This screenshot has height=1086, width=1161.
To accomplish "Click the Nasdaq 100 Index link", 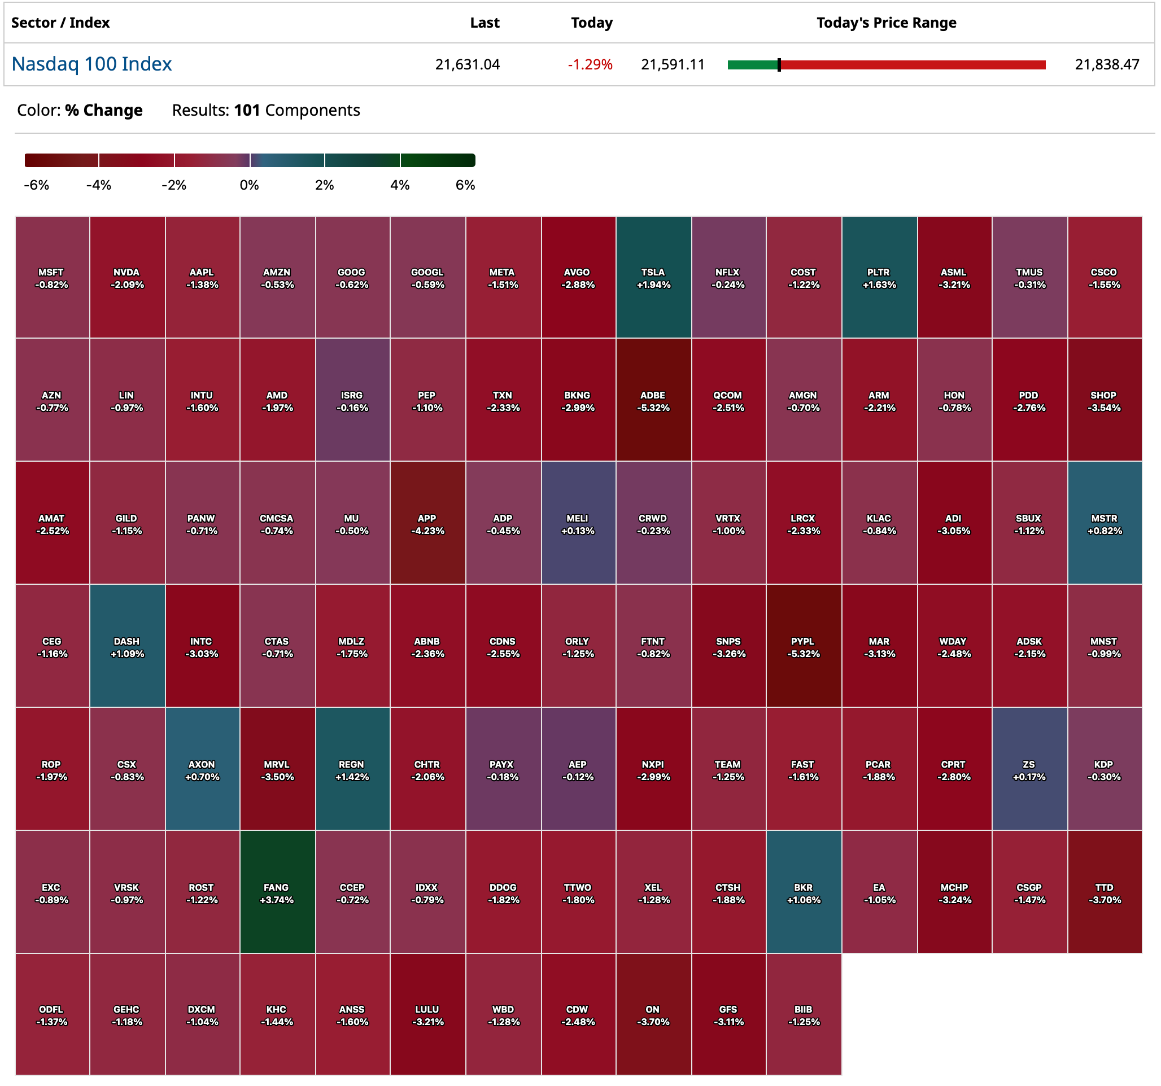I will click(91, 64).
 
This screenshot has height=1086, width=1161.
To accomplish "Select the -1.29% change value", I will click(590, 64).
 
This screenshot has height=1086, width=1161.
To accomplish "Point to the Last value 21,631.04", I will click(467, 64).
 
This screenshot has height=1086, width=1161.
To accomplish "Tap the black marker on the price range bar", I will click(779, 65).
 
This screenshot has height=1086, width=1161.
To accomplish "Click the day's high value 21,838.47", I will click(1107, 64).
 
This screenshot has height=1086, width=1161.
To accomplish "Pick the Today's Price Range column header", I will click(886, 23).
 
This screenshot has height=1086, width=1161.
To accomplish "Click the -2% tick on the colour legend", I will click(174, 185).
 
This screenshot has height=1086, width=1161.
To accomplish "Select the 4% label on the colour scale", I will click(400, 185).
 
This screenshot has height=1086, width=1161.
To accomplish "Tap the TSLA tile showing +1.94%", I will click(653, 277).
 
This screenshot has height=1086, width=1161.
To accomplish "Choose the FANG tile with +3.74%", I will click(277, 892).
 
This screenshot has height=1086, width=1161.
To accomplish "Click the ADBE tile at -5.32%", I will click(653, 401).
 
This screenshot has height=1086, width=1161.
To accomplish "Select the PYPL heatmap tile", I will click(803, 646).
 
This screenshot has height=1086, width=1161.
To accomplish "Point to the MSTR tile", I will click(1104, 523).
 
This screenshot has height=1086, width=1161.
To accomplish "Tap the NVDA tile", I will click(126, 277).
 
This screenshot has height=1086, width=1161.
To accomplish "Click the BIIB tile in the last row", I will click(803, 1014).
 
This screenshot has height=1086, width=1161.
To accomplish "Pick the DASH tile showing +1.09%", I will click(126, 646).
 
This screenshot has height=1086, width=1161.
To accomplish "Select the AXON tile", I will click(202, 769).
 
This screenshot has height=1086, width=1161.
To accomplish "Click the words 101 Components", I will click(296, 111).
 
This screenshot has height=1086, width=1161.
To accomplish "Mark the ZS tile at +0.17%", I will click(1029, 769).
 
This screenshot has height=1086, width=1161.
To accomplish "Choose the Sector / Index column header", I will click(61, 23).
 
